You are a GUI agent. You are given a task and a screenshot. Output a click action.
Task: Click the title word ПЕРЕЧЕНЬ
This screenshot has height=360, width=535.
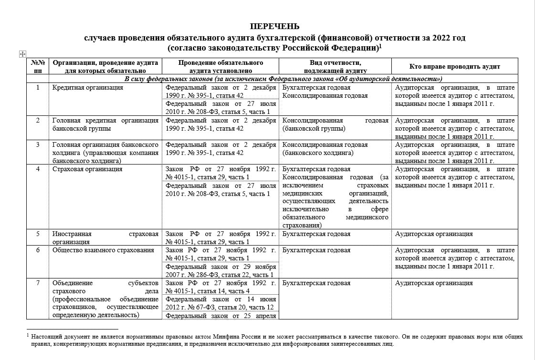pyautogui.click(x=274, y=26)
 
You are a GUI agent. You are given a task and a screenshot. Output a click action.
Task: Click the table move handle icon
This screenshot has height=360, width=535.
pyautogui.click(x=22, y=54)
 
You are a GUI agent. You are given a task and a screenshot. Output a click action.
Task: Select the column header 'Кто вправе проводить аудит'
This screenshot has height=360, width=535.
pyautogui.click(x=455, y=67)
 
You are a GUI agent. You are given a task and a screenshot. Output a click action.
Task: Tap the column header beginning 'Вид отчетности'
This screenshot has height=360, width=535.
pyautogui.click(x=335, y=67)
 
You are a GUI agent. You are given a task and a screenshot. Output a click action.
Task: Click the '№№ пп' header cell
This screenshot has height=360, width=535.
pyautogui.click(x=38, y=67)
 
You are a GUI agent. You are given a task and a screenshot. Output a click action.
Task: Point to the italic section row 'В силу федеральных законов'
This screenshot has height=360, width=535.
pyautogui.click(x=283, y=79)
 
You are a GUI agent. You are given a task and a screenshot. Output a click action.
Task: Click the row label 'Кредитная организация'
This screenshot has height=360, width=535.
pyautogui.click(x=88, y=88)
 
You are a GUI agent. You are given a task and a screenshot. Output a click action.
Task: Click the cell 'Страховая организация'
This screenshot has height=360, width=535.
pyautogui.click(x=87, y=169)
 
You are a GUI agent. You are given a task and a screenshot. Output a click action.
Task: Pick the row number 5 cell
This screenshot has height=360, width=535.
pyautogui.click(x=38, y=234)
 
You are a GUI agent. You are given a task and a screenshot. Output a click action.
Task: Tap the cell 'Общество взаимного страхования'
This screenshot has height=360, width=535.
pyautogui.click(x=104, y=250)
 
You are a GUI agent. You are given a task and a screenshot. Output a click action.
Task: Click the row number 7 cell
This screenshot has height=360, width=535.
pyautogui.click(x=38, y=283)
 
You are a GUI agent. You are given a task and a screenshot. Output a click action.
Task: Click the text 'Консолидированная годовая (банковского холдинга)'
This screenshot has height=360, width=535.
pyautogui.click(x=325, y=149)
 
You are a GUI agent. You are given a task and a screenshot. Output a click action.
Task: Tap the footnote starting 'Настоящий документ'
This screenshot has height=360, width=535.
pyautogui.click(x=274, y=340)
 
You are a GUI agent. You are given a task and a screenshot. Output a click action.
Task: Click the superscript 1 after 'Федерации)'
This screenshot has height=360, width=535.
pyautogui.click(x=380, y=46)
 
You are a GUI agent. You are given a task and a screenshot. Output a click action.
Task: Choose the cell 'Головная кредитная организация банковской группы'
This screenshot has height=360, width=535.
pyautogui.click(x=105, y=124)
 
